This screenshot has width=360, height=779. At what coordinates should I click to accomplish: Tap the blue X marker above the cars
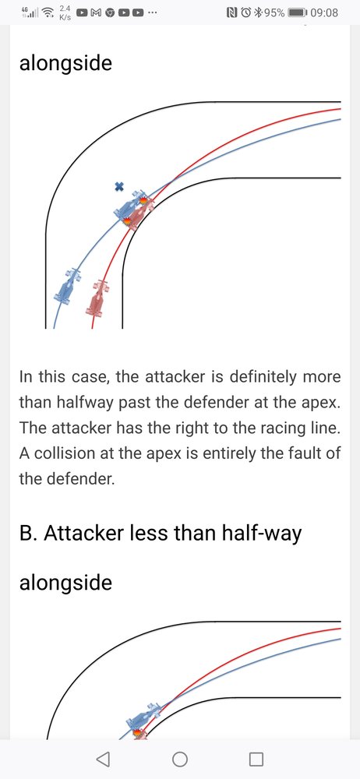(119, 186)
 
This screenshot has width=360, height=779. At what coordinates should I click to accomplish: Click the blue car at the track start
(67, 286)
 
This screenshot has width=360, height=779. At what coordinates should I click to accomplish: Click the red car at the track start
(98, 298)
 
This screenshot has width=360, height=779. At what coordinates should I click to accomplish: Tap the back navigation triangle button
(103, 759)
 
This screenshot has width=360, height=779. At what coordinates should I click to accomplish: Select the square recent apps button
(256, 759)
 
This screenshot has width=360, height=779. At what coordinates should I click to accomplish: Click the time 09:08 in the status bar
(323, 12)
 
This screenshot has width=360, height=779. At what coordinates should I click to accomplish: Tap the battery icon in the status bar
(298, 12)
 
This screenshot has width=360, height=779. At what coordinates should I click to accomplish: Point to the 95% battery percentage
(274, 12)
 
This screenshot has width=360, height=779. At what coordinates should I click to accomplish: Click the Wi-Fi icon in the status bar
(48, 12)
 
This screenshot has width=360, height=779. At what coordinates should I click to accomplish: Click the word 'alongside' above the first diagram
(65, 64)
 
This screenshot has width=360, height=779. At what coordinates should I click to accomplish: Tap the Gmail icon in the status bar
(98, 12)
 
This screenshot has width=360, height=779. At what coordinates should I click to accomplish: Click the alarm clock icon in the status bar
(245, 12)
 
